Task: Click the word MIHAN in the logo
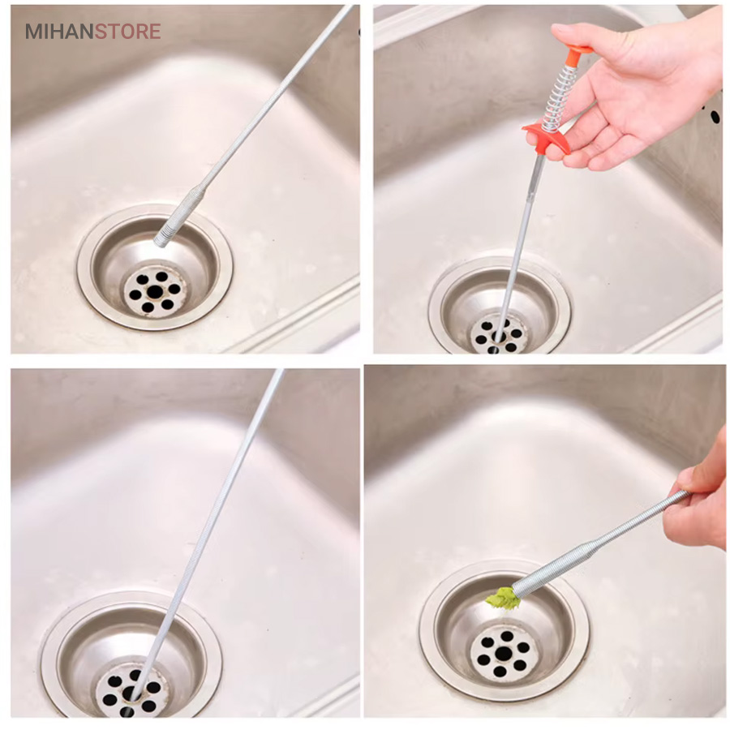point(59,32)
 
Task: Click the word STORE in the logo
point(128,32)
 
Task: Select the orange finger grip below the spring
point(547,138)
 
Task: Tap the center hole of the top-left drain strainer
point(155,292)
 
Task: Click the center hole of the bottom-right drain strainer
point(503,654)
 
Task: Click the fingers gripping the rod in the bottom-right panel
point(691,508)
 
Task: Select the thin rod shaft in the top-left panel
point(275,98)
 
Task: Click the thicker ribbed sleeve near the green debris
point(554,567)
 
